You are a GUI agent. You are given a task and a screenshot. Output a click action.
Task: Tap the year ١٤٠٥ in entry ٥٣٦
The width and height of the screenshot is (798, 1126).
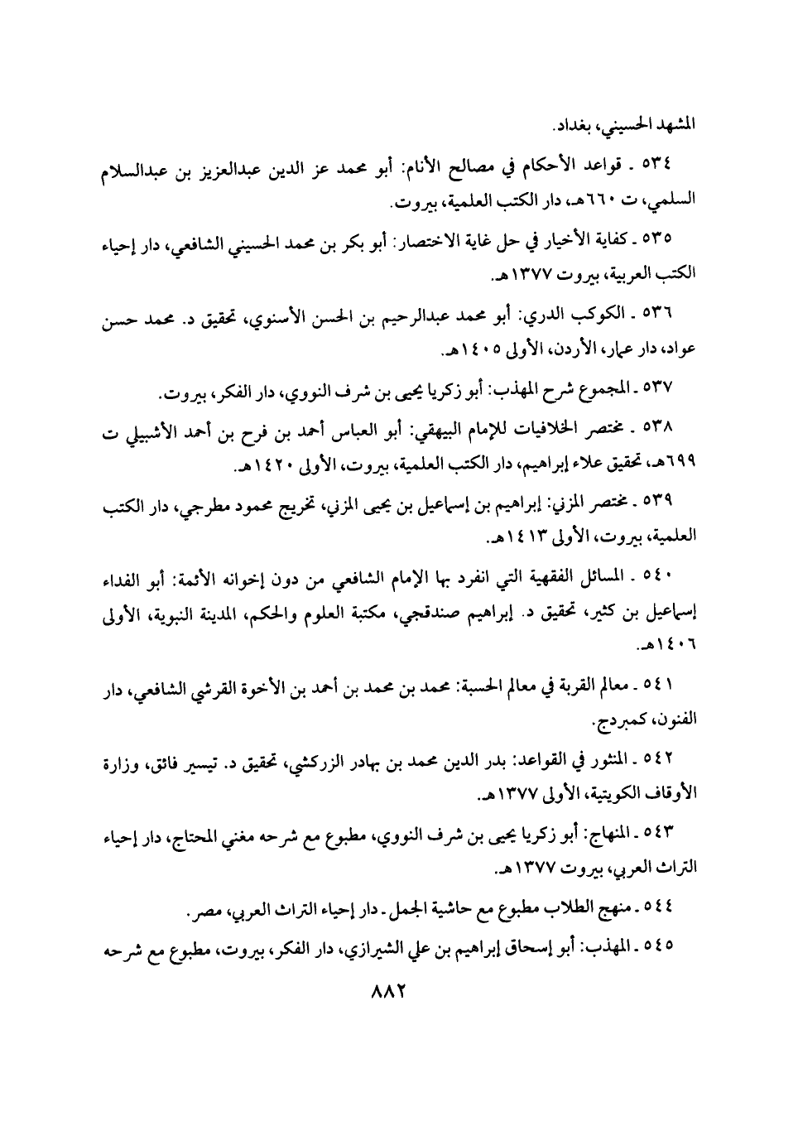point(473,351)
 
